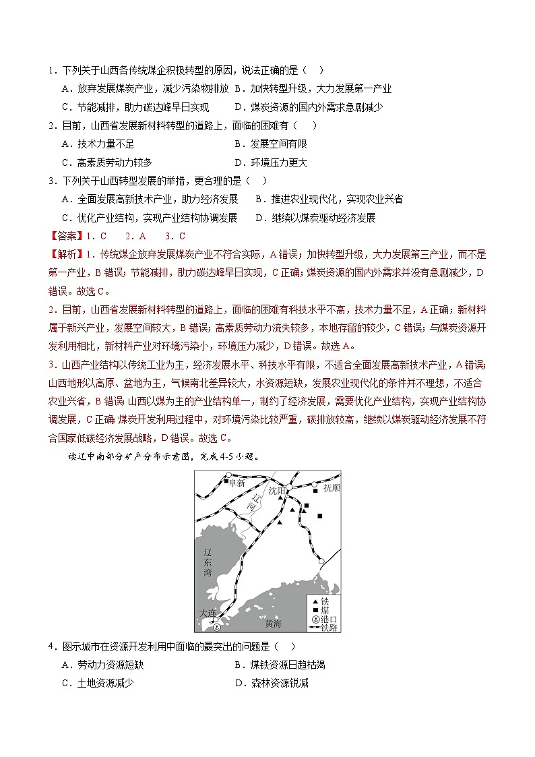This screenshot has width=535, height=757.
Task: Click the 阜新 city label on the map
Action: [x=237, y=483]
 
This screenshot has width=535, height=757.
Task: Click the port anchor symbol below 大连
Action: [x=216, y=627]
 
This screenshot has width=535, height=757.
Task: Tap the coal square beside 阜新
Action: [x=226, y=482]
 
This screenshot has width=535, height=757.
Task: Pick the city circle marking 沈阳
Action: [x=289, y=487]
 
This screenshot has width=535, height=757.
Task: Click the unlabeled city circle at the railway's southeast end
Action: [x=321, y=562]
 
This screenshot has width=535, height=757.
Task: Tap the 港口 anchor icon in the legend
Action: [x=313, y=619]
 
